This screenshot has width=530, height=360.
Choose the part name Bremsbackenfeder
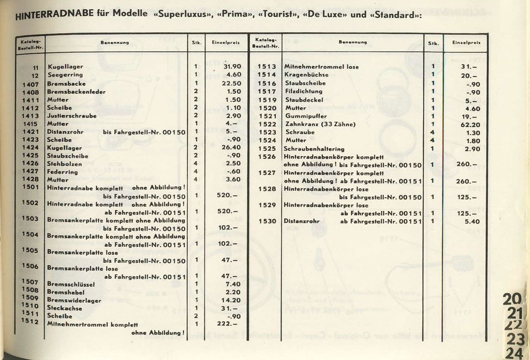tap(76, 92)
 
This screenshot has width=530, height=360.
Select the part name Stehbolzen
tap(65, 163)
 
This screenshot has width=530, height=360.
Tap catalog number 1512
tap(31, 321)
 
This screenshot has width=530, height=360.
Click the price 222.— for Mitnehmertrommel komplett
tap(228, 324)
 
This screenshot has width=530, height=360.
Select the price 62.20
tap(470, 125)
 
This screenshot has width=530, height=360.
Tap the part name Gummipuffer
tap(305, 116)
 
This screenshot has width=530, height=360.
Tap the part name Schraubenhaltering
tap(314, 149)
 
